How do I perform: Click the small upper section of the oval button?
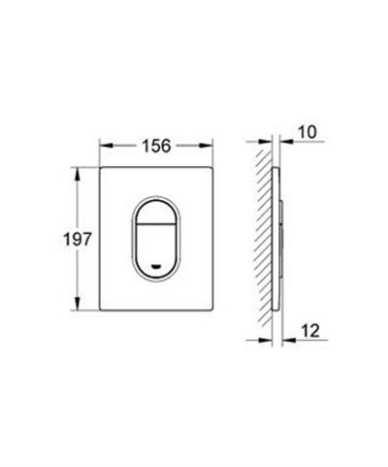tap(158, 213)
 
